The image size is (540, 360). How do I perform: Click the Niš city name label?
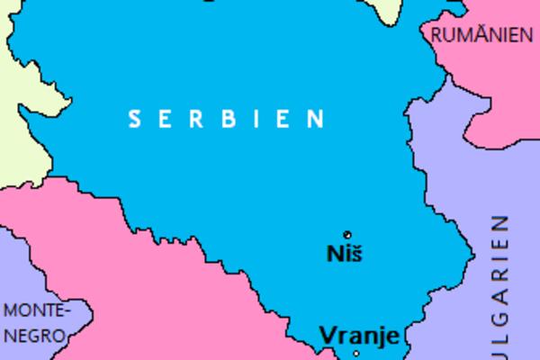point(343,254)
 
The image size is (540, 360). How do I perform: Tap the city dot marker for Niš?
point(347,235)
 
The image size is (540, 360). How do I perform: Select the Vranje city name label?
point(359,337)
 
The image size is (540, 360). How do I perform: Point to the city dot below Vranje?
point(356,355)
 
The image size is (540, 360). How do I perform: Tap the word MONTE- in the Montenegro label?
point(36,311)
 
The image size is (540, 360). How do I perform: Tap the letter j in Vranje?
point(380,338)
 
